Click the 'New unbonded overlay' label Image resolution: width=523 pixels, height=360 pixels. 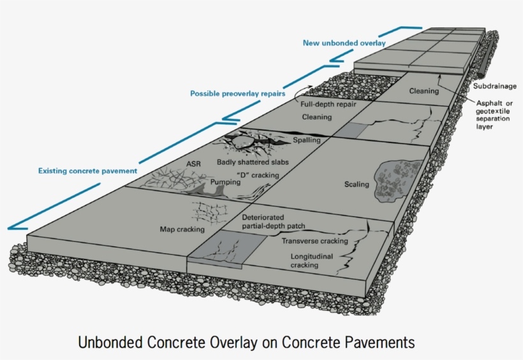(x=344, y=43)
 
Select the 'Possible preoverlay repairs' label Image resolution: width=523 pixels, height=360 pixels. (x=237, y=94)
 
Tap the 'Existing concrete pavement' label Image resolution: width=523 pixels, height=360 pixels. (x=87, y=171)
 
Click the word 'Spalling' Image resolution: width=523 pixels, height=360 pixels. (x=306, y=140)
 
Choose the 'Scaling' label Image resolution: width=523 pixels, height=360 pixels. (x=357, y=184)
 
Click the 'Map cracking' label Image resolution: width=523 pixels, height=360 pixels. (x=182, y=229)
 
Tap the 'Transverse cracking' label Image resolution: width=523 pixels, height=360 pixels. (x=315, y=241)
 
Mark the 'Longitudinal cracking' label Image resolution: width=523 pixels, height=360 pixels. (x=304, y=260)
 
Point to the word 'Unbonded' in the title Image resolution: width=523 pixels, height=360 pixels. (x=107, y=343)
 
